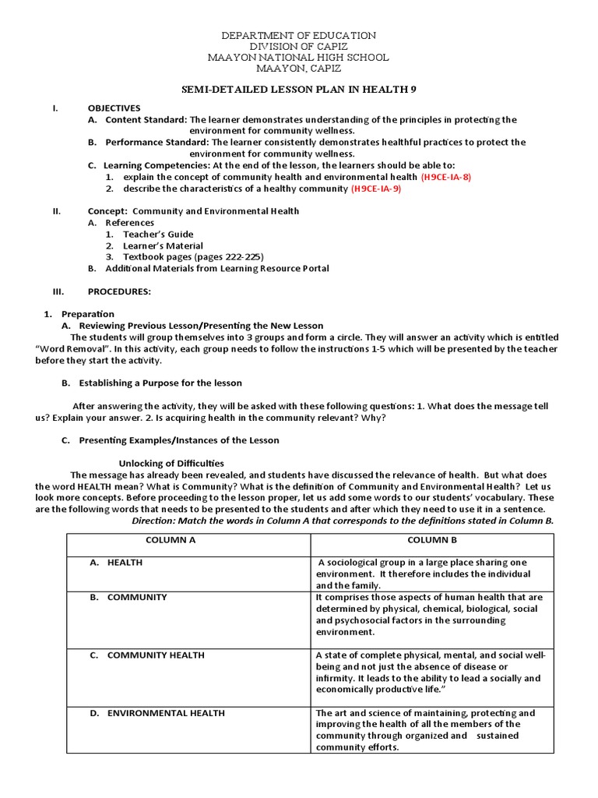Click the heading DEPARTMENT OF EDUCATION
pyautogui.click(x=299, y=36)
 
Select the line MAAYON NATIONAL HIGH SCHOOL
pyautogui.click(x=299, y=58)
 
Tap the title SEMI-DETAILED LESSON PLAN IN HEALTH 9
pyautogui.click(x=299, y=90)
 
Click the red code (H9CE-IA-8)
pyautogui.click(x=445, y=177)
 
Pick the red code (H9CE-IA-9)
pyautogui.click(x=376, y=189)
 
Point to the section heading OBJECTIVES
pyautogui.click(x=114, y=108)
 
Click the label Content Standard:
pyautogui.click(x=146, y=119)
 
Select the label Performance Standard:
pyautogui.click(x=157, y=143)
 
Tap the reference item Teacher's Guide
pyautogui.click(x=158, y=234)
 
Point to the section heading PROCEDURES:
pyautogui.click(x=119, y=291)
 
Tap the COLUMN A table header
pyautogui.click(x=188, y=539)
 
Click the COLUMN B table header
pyautogui.click(x=432, y=539)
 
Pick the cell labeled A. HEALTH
pyautogui.click(x=125, y=562)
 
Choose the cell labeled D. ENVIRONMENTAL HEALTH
pyautogui.click(x=166, y=712)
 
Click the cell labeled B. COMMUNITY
pyautogui.click(x=137, y=597)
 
